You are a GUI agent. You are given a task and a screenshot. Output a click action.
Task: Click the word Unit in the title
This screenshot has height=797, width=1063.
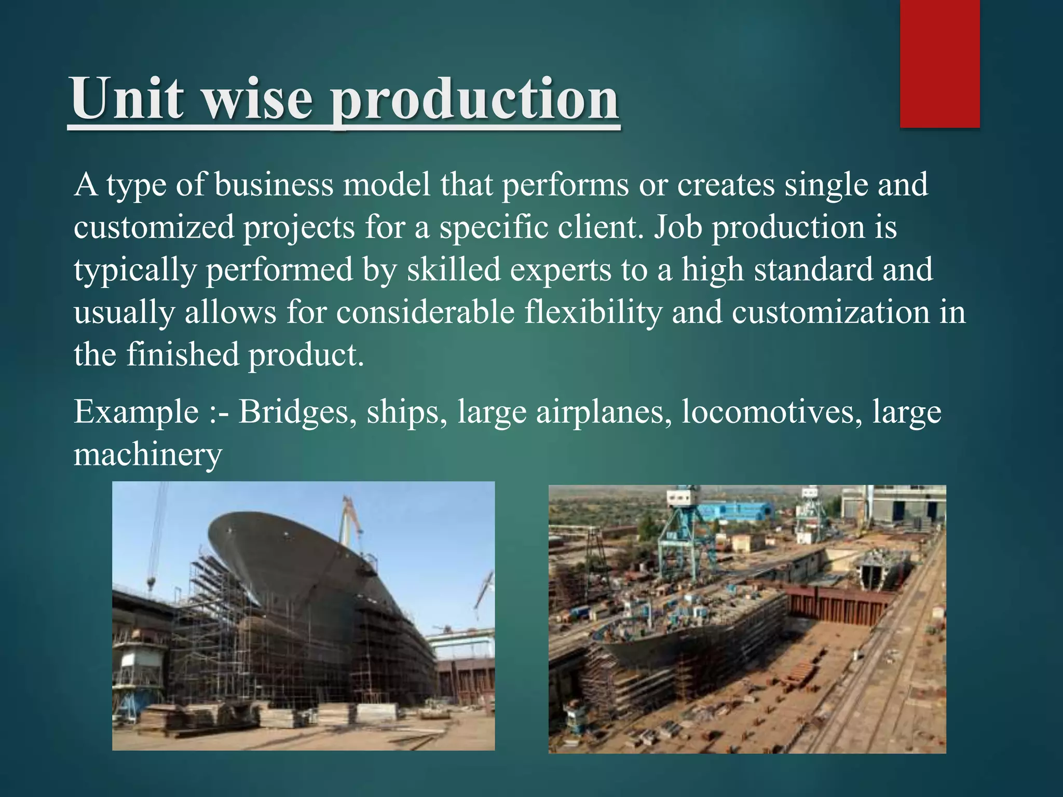pos(127,99)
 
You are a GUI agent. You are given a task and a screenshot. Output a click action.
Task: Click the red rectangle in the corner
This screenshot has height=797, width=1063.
pos(939,63)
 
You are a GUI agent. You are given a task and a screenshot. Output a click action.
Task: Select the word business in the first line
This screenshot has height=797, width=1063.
pos(273,185)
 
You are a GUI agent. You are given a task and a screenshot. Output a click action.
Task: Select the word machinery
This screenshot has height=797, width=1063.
pos(147,455)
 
